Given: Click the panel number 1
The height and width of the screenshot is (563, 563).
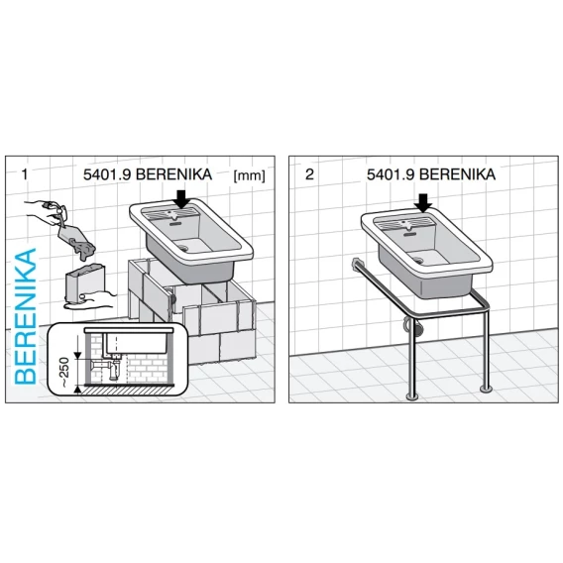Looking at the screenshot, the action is coord(25,174).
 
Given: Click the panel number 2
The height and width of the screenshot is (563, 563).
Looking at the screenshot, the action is coord(309,174).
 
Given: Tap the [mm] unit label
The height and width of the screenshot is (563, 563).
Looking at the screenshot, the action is coord(249,176).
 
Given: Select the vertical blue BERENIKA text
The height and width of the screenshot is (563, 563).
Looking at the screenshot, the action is coord(26,316).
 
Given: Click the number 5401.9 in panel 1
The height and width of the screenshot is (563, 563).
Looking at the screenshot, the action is coord(107,174).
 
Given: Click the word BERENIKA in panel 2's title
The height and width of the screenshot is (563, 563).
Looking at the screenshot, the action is coord(457,174).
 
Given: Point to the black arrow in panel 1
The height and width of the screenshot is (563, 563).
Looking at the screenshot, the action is coord(182,199).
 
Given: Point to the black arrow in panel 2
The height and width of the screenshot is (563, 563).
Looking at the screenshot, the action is coord(423,203).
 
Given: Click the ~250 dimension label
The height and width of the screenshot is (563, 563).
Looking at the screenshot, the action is coord(63,373).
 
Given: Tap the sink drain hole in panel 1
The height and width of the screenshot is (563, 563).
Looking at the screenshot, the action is coord(183,247).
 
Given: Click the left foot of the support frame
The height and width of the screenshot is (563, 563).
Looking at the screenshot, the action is coord(412,396).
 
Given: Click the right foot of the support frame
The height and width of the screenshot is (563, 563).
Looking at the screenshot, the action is coord(486,389).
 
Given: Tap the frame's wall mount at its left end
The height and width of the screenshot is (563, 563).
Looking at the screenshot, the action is coord(357,264).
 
